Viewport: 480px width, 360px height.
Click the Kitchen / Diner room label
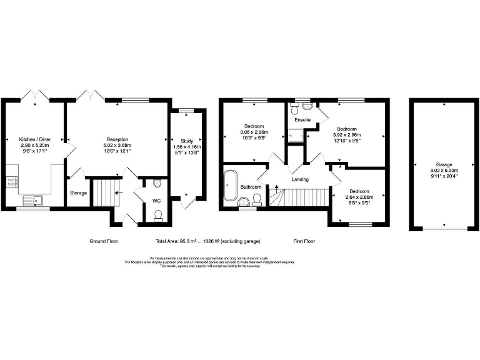coord(34,139)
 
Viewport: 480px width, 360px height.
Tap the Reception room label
coord(117,139)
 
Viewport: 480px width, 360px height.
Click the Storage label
coord(79,193)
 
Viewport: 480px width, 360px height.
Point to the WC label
coord(157,201)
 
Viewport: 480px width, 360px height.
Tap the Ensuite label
coord(303,119)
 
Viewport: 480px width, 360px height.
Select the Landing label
coord(300,179)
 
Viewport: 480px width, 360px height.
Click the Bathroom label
coord(251,187)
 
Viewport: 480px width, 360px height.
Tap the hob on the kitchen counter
coord(11,182)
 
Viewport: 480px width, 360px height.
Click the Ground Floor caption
coord(104,241)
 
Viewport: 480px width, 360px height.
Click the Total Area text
coord(208,241)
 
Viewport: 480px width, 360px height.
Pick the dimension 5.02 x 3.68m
coord(117,145)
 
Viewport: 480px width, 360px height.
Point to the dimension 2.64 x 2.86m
coord(359,197)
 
